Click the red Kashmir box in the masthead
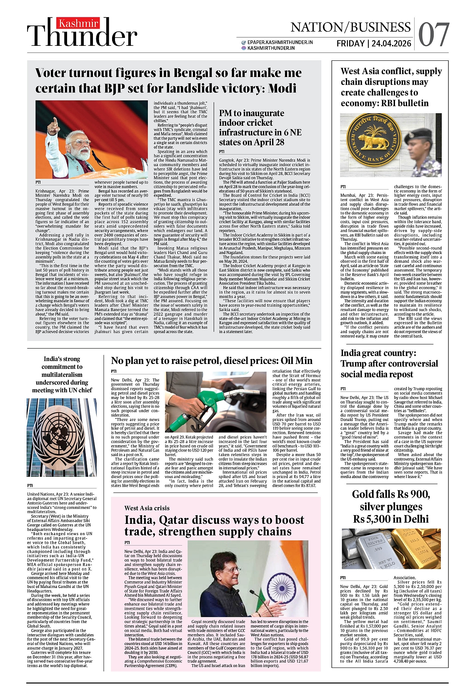(78, 24)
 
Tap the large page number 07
(433, 35)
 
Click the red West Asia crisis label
(147, 508)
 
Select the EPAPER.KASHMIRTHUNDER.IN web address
(280, 42)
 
